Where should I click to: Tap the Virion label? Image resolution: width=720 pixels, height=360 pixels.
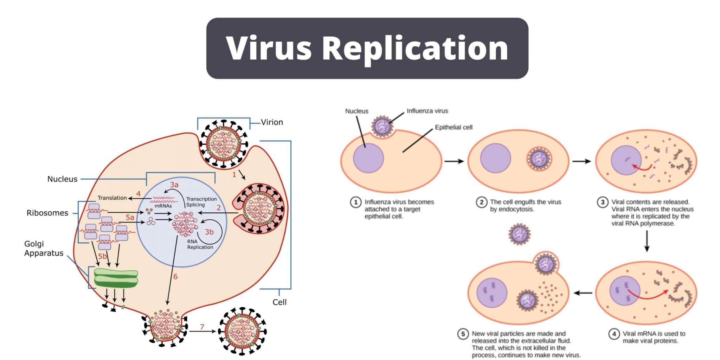272,122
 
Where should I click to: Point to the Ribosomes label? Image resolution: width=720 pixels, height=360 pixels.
47,213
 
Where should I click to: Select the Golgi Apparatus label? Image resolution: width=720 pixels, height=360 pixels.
44,249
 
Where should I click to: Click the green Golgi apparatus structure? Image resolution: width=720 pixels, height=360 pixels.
116,278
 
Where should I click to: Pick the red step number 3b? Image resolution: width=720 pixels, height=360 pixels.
209,232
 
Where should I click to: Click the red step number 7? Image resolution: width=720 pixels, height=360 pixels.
202,327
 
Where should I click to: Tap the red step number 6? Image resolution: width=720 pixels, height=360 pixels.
175,277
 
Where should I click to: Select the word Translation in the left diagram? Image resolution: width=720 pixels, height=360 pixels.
112,198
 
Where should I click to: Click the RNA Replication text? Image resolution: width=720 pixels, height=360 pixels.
200,244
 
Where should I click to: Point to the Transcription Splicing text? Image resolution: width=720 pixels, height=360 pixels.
201,202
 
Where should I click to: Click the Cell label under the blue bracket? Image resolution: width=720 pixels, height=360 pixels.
279,302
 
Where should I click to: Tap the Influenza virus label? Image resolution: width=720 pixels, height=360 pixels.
427,111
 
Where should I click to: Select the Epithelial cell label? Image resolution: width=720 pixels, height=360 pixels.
454,127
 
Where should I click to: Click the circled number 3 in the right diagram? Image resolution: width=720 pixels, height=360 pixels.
603,202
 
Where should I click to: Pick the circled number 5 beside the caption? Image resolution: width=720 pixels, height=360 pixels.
463,334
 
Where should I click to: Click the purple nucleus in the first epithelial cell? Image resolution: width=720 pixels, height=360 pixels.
368,158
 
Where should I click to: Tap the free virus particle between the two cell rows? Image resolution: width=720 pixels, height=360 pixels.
519,234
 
